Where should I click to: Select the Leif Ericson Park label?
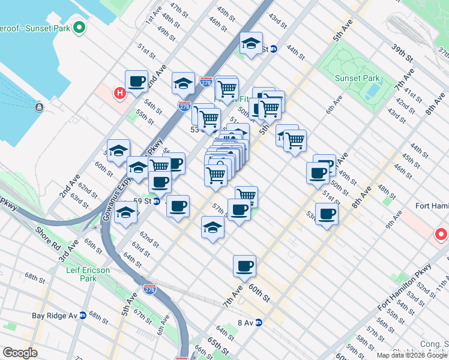88,274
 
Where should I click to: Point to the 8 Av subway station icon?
259,322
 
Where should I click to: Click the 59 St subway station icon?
156,202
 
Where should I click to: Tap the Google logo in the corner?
20,353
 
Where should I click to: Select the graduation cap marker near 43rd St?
251,43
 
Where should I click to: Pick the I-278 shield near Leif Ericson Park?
149,290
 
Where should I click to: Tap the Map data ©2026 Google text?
411,355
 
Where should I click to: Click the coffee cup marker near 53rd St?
327,214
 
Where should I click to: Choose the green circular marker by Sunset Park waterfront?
79,28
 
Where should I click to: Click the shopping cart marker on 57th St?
246,196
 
